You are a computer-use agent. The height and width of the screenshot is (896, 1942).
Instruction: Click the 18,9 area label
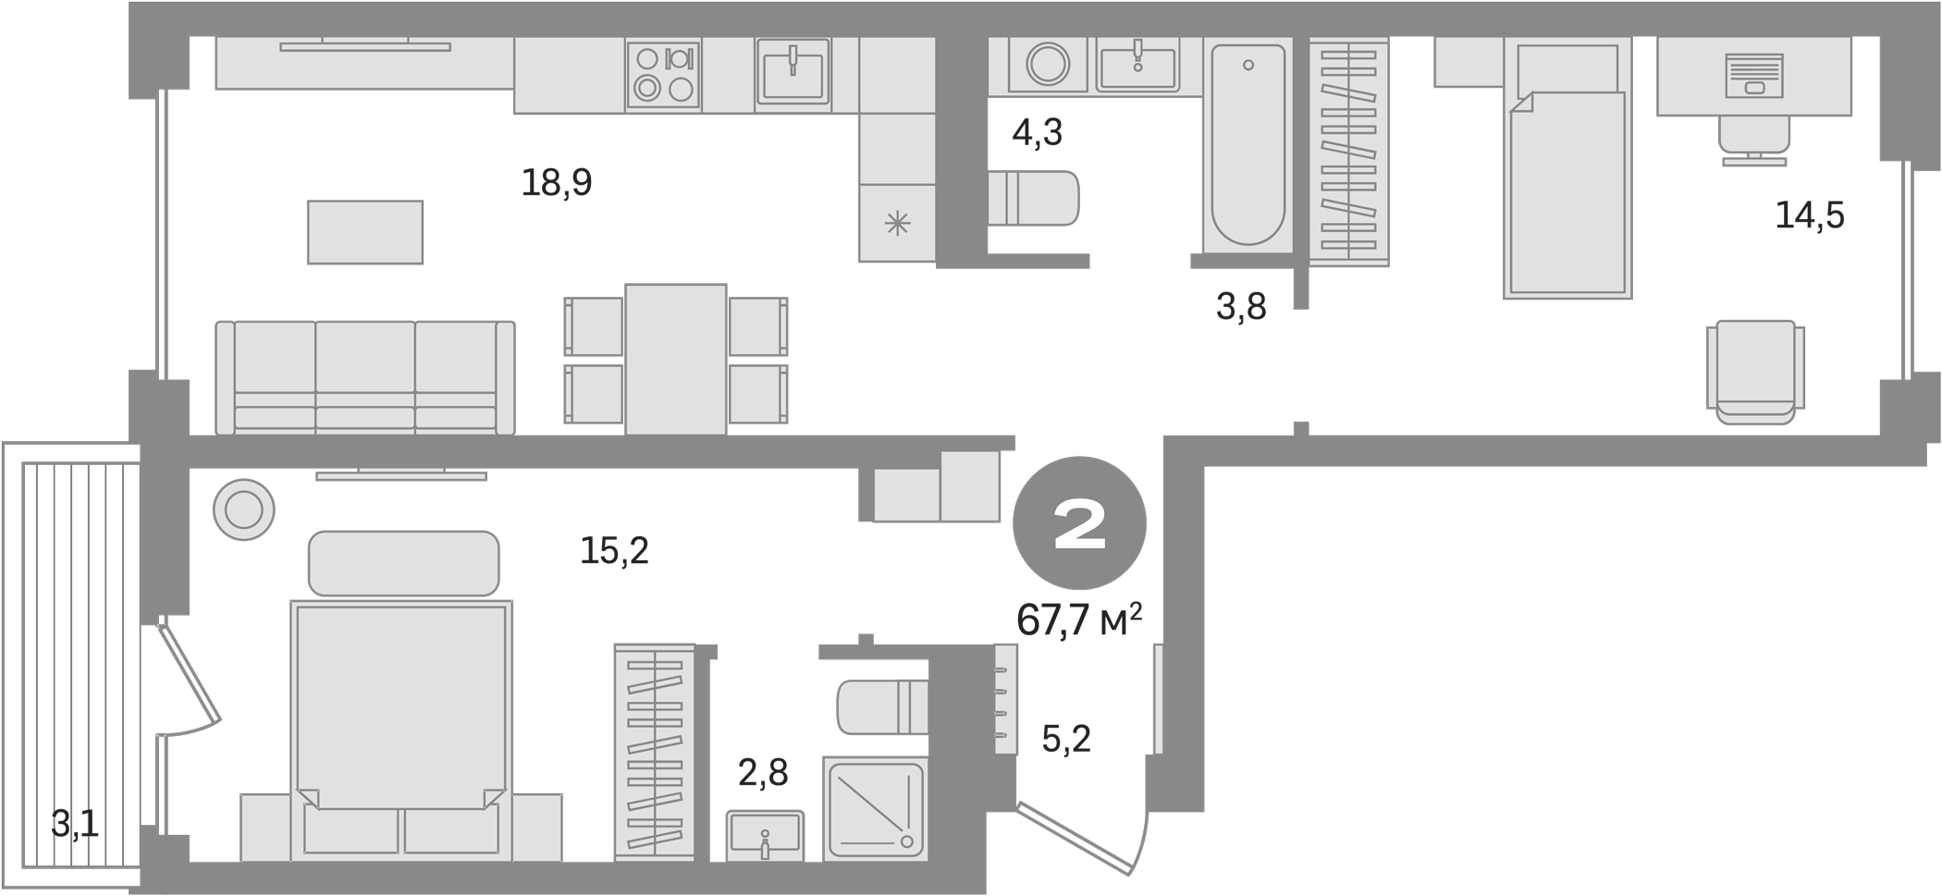[x=556, y=183]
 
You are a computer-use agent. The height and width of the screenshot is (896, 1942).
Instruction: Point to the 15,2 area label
[x=614, y=551]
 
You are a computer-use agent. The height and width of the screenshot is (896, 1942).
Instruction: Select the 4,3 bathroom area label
[x=1037, y=133]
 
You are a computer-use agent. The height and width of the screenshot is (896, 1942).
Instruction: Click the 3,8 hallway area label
[x=1240, y=305]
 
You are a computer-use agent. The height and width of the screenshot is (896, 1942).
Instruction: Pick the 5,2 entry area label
[x=1065, y=738]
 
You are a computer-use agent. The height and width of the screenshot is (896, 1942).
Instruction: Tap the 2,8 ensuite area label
[x=764, y=773]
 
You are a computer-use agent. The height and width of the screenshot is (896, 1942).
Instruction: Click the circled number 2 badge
[x=1079, y=527]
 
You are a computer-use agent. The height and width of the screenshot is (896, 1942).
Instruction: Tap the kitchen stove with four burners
[x=662, y=73]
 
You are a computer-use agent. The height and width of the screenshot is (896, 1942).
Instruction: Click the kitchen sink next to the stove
[x=793, y=73]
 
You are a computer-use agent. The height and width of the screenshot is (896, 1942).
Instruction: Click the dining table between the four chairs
[x=675, y=358]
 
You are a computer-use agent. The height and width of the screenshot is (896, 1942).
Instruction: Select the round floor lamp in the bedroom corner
[x=243, y=509]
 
